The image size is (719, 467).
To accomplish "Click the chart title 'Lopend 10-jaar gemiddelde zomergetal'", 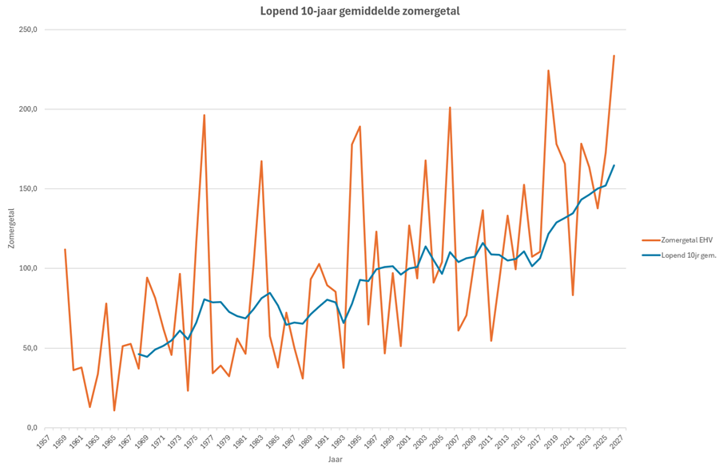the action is click(x=360, y=11).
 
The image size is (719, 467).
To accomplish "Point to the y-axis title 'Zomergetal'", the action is click(x=11, y=228).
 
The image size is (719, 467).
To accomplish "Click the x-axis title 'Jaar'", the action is click(x=336, y=459).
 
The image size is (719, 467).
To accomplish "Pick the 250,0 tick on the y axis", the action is click(x=30, y=30).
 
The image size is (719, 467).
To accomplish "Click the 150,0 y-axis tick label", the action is click(x=30, y=189).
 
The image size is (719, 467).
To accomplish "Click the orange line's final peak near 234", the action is click(x=614, y=56).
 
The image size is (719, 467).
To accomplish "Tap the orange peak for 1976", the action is click(x=205, y=115).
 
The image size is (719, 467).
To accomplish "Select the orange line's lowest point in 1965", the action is click(x=114, y=410).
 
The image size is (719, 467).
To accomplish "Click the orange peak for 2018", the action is click(x=548, y=70).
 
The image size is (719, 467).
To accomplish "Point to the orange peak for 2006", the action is click(x=450, y=108).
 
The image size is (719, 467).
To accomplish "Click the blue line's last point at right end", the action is click(x=614, y=165).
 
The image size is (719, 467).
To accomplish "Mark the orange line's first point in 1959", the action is click(x=66, y=249).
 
